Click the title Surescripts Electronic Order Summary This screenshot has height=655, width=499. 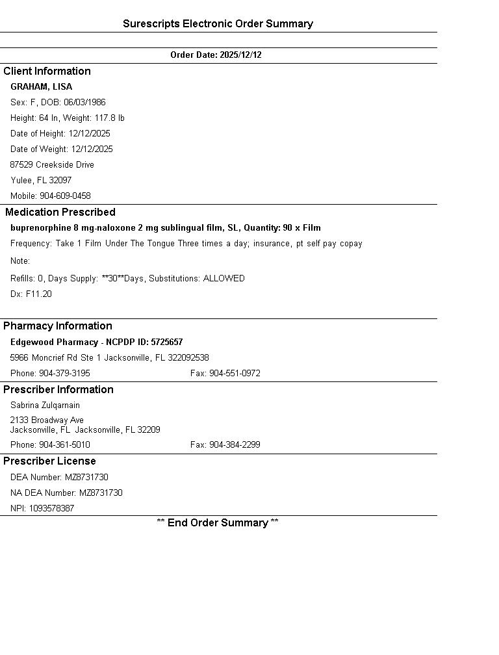[x=218, y=24]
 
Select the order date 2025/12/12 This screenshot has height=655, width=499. [x=240, y=55]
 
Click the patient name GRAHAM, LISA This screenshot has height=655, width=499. [x=41, y=87]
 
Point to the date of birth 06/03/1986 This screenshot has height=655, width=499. [x=84, y=103]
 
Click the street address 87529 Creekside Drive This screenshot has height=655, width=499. [x=52, y=165]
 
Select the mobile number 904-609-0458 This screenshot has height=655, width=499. [x=65, y=196]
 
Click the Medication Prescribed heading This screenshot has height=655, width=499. [x=60, y=212]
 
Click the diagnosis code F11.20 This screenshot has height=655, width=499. [x=38, y=294]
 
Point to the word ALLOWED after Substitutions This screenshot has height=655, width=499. [x=224, y=279]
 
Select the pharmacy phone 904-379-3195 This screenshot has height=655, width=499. [x=64, y=374]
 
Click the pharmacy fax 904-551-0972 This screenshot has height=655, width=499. [x=235, y=374]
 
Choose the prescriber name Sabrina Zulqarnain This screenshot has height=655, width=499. [x=45, y=405]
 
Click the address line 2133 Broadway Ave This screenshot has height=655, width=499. [x=47, y=420]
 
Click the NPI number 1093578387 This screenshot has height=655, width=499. [x=51, y=509]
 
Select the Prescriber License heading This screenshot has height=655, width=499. [x=49, y=461]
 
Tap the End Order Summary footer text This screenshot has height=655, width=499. [x=218, y=523]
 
